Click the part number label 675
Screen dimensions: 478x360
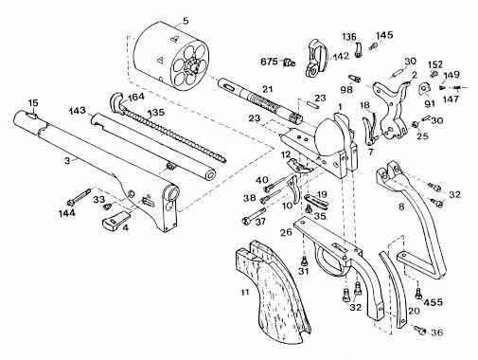click(269, 62)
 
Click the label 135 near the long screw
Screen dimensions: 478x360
click(155, 113)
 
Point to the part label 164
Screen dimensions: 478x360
click(135, 97)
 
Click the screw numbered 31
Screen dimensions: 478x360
click(304, 261)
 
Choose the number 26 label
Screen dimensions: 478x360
click(287, 233)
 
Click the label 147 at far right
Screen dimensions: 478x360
click(451, 99)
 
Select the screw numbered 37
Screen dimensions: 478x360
click(254, 215)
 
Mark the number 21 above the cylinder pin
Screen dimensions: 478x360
click(267, 89)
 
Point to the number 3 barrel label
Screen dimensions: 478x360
click(67, 161)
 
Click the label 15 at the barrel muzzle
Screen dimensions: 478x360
click(33, 102)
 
